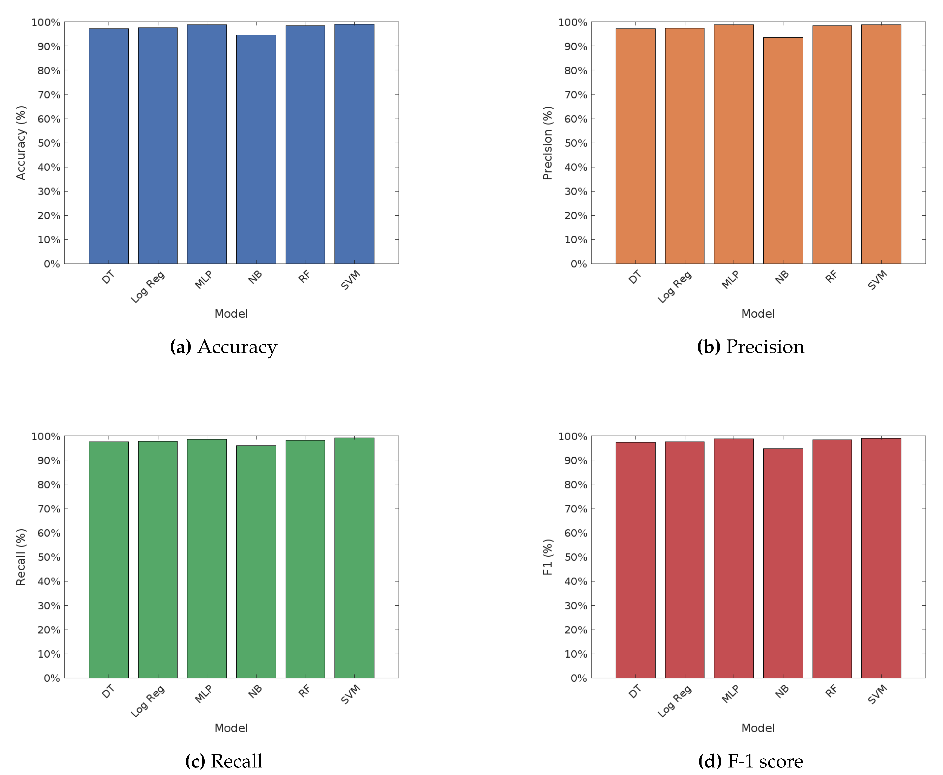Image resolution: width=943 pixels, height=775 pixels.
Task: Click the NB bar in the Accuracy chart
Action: click(x=256, y=150)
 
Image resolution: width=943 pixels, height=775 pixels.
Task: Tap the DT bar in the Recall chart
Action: click(x=109, y=560)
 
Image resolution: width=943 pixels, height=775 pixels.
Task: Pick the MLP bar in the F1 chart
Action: click(x=734, y=558)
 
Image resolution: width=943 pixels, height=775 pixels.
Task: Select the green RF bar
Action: click(x=305, y=559)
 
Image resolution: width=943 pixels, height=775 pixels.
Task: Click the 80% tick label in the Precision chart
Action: click(x=575, y=71)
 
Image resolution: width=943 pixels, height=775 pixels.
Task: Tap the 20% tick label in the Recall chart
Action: click(x=49, y=630)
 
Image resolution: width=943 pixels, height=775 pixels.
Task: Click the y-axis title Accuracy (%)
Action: click(x=21, y=143)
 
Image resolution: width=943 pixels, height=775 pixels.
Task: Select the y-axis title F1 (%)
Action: click(x=548, y=557)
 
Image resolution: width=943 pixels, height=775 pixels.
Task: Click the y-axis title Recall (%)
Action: click(x=21, y=557)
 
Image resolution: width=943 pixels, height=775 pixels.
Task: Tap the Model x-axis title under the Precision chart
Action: click(x=758, y=314)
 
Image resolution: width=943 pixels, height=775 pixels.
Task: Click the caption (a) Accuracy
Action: click(x=223, y=347)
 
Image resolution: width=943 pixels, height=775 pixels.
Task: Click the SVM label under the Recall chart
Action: click(x=351, y=694)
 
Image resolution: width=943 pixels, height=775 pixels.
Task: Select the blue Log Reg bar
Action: click(x=158, y=145)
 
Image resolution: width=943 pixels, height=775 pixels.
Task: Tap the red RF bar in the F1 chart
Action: click(x=832, y=558)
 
